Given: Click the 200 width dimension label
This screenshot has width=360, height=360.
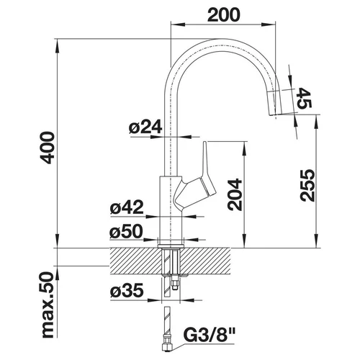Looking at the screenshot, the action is [x=223, y=15].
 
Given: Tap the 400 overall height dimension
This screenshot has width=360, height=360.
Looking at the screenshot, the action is [x=47, y=148].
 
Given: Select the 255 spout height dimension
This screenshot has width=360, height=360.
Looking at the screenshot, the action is [x=307, y=185].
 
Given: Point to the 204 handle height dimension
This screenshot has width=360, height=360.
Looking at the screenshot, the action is [x=235, y=194].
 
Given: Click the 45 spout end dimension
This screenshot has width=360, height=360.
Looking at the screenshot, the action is [x=305, y=98].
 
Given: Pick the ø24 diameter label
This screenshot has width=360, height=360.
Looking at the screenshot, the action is [x=145, y=127].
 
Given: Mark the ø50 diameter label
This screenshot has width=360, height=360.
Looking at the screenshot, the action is [x=126, y=232].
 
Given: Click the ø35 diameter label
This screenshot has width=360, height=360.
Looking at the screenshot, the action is [x=127, y=291].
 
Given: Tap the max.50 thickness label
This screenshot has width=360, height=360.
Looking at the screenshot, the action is [x=47, y=305].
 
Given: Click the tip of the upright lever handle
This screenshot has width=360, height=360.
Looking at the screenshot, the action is [x=204, y=143].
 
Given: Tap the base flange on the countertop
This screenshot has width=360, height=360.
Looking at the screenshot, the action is [x=170, y=246].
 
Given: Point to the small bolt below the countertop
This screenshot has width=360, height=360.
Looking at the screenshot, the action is [x=175, y=284].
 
